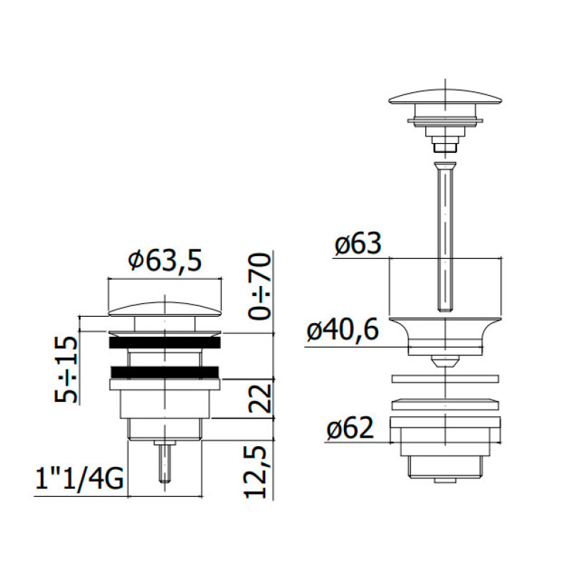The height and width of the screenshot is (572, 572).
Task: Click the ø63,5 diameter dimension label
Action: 165,260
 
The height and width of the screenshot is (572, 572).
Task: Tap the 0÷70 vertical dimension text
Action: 260,287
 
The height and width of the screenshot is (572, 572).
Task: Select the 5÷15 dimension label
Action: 66,369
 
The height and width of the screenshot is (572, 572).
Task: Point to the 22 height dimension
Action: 260,398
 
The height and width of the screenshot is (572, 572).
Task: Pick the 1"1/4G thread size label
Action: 79,478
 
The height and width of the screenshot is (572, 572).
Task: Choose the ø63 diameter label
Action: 358,243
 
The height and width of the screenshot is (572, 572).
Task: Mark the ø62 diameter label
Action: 350,428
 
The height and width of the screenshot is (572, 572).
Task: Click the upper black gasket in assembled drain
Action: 164,342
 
